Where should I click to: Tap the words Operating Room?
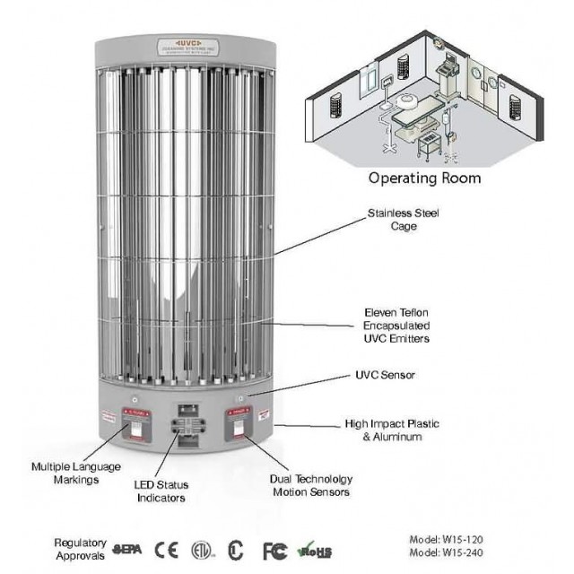(x=425, y=178)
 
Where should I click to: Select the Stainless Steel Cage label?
(x=392, y=221)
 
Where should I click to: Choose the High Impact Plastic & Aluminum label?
(x=392, y=429)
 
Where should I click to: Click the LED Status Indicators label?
(x=162, y=491)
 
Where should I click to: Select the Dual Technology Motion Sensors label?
(x=309, y=486)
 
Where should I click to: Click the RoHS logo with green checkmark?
(x=313, y=548)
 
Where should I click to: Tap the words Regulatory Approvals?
(x=81, y=548)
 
